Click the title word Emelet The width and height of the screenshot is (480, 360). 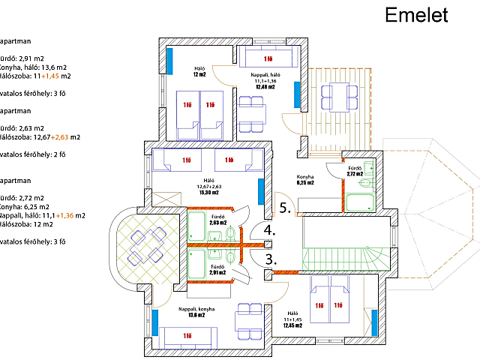(415, 15)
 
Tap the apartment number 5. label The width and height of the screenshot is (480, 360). (286, 206)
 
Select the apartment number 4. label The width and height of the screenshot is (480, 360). (269, 230)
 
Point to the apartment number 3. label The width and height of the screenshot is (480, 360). (270, 259)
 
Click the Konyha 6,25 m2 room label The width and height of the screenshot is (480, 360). (305, 179)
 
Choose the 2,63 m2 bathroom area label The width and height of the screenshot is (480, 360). (217, 223)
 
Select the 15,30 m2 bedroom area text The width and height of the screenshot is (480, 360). (208, 192)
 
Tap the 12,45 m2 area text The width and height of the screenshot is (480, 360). (292, 325)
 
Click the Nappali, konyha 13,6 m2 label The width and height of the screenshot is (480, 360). (196, 312)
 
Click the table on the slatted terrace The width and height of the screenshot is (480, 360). (333, 95)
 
